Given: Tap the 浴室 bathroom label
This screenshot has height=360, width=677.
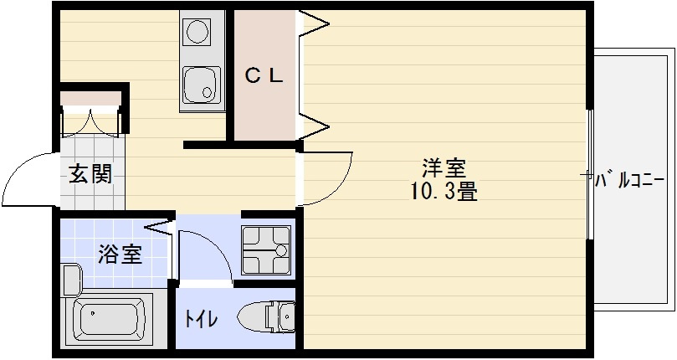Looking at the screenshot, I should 120,254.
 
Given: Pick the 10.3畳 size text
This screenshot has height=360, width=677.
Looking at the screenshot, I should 443,193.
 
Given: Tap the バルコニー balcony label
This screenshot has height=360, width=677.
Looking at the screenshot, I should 629,179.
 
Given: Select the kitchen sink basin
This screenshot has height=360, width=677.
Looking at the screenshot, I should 200,84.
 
